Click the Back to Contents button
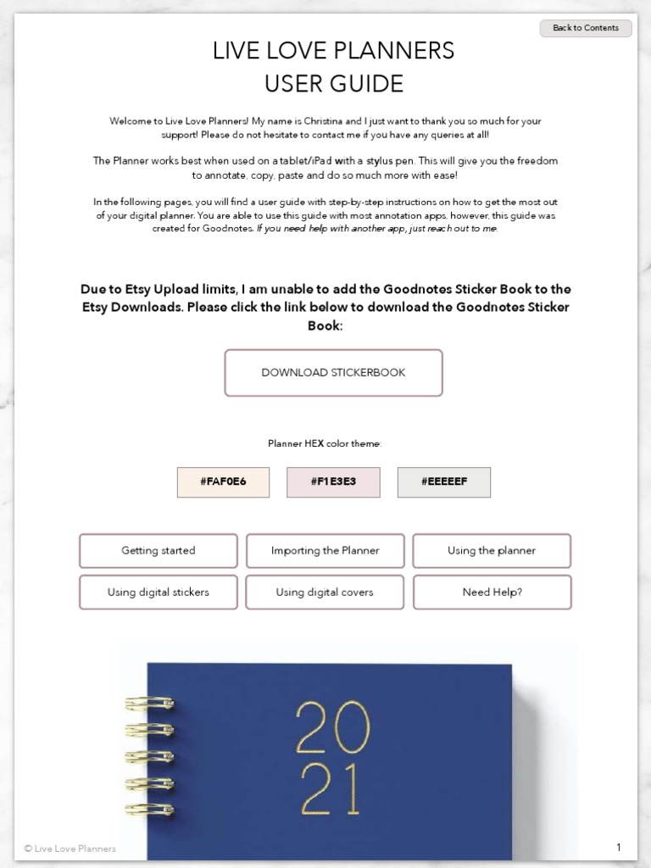click(x=586, y=28)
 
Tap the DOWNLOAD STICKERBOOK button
click(x=333, y=372)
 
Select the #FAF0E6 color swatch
click(x=223, y=481)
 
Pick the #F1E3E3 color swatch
click(x=333, y=481)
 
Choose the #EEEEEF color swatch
click(x=443, y=481)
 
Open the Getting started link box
click(x=159, y=550)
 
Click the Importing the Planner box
click(x=325, y=550)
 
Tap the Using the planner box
click(x=492, y=550)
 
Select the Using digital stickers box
click(x=159, y=592)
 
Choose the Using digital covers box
click(x=325, y=592)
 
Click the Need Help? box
click(x=492, y=592)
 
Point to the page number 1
click(x=619, y=848)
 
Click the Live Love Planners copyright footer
click(x=70, y=849)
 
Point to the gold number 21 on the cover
click(x=331, y=791)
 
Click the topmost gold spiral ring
click(x=150, y=703)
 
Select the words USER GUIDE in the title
click(x=333, y=84)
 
